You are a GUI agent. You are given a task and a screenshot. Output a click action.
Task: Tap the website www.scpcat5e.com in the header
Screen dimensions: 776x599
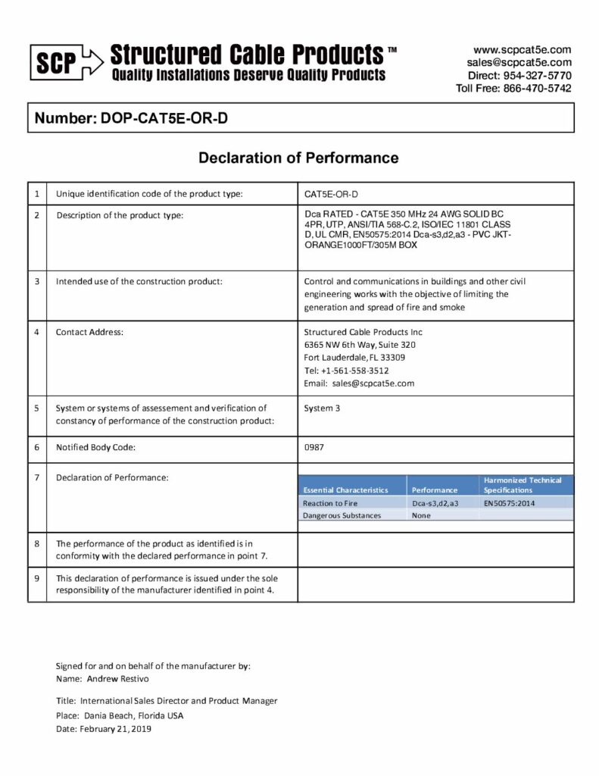522,50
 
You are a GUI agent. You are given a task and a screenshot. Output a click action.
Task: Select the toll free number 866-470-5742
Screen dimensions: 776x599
538,88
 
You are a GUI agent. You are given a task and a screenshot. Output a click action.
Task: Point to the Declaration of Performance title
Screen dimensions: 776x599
298,158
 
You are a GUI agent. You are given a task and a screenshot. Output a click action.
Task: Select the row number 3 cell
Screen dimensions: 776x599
36,281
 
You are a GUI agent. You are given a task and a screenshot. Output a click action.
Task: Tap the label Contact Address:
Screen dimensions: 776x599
89,332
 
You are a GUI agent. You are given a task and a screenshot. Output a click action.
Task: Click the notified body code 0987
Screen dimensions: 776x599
314,447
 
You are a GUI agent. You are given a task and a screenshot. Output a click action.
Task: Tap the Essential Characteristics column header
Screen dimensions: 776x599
345,490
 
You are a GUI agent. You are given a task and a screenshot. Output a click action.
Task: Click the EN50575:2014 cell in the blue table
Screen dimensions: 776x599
510,502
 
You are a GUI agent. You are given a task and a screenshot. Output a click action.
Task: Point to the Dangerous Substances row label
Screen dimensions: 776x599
342,515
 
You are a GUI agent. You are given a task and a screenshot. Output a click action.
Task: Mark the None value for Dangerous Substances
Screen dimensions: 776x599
421,515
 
